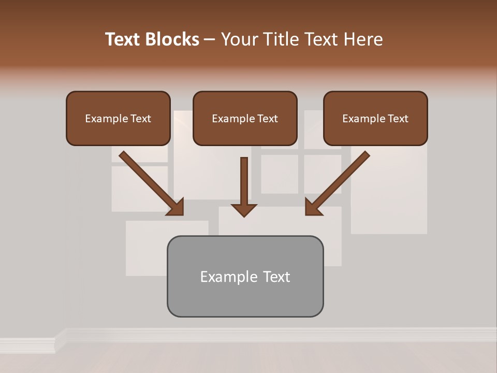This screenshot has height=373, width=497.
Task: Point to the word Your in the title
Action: pos(239,39)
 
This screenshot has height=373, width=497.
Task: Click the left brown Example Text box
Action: pos(118,119)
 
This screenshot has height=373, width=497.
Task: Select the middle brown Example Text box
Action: pos(245,119)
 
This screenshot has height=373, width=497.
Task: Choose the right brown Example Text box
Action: pos(375,119)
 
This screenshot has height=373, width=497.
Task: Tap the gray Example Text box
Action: pos(245,277)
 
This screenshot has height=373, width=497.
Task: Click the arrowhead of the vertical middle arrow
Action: pos(244,209)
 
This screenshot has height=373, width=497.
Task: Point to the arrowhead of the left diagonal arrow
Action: pos(176,207)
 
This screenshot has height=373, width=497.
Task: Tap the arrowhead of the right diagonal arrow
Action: pos(313,207)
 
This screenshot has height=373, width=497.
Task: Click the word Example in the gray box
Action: pos(226,277)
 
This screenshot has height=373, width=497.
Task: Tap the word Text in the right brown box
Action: pos(397,119)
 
